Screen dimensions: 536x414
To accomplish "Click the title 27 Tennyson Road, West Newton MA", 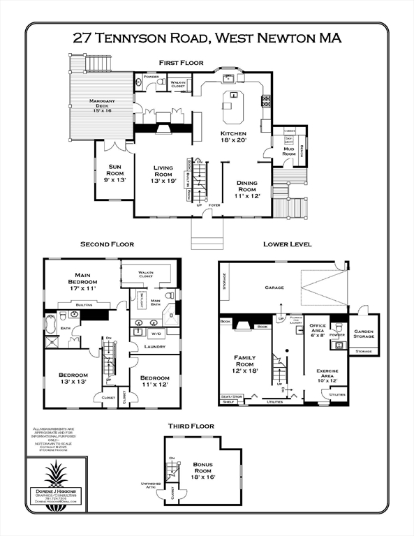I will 207,38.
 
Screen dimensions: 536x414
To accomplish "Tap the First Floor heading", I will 181,63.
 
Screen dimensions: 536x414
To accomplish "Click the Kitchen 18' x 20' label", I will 234,136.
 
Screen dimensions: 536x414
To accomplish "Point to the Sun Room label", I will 115,170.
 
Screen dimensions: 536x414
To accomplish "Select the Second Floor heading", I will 107,244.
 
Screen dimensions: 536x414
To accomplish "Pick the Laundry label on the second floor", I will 154,346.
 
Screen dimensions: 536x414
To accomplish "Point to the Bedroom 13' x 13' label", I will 73,379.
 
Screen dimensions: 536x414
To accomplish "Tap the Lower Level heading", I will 287,244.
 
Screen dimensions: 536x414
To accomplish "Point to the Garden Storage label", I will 363,334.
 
